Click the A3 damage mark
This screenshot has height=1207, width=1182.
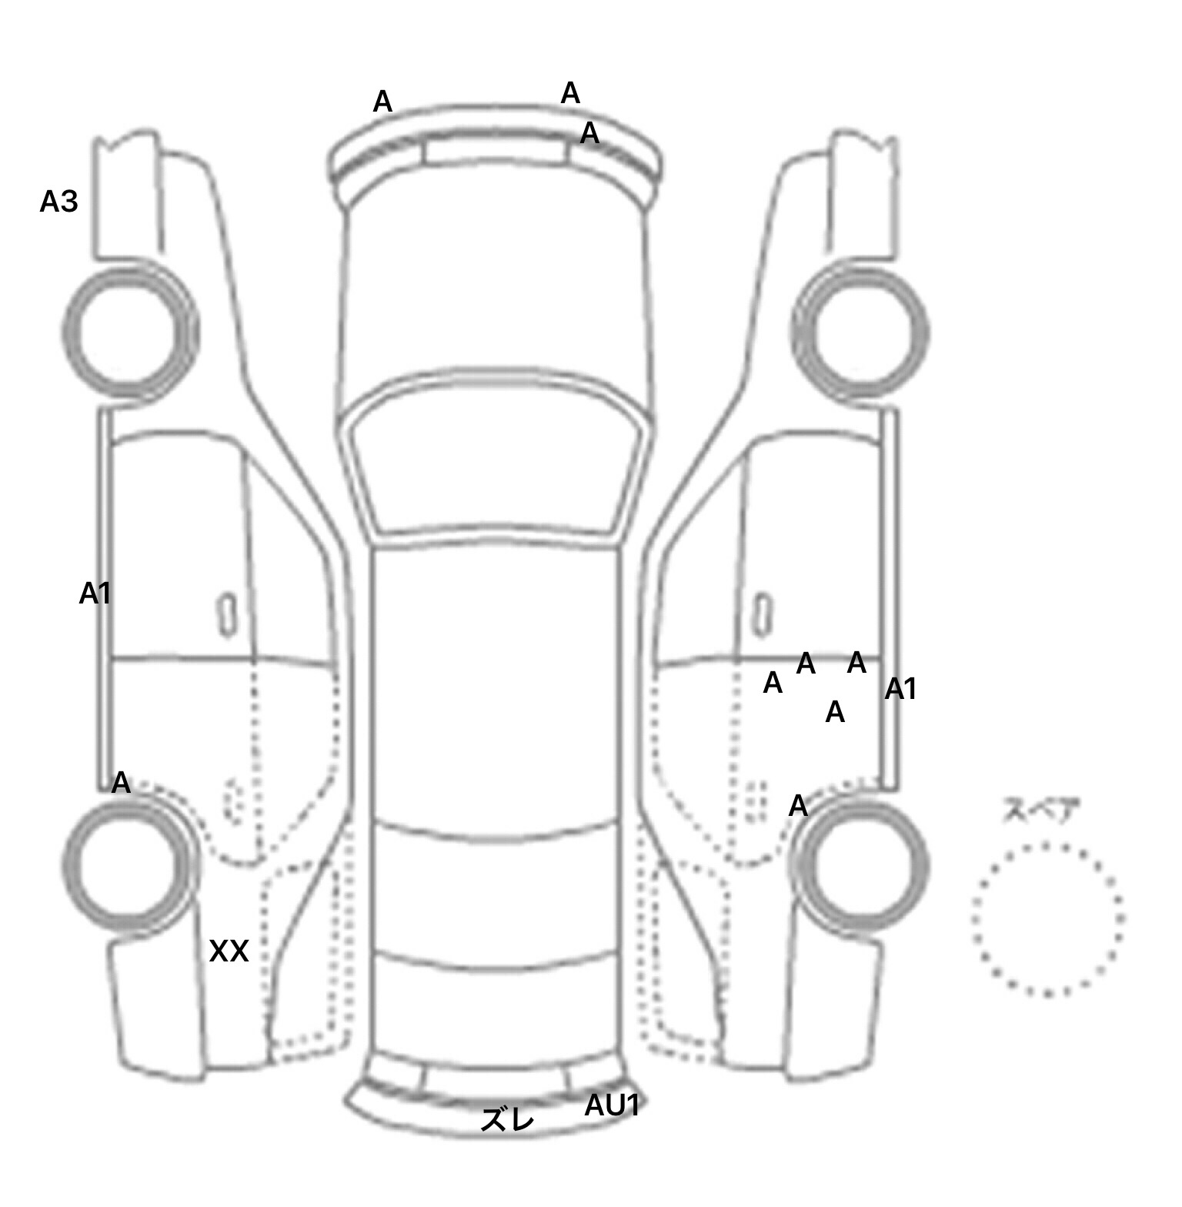point(59,202)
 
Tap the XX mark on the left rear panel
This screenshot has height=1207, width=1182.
point(229,952)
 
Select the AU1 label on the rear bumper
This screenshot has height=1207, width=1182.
point(613,1105)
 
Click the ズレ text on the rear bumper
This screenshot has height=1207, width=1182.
point(507,1120)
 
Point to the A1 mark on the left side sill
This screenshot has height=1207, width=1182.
point(95,593)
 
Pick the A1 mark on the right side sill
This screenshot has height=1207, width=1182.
point(900,689)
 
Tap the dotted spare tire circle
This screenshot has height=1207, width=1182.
point(1047,920)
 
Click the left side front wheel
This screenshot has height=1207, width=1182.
point(129,331)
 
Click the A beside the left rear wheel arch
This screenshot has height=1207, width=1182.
point(121,784)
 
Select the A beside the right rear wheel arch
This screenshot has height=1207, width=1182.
point(799,807)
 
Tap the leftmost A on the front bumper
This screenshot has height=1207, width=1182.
point(382,102)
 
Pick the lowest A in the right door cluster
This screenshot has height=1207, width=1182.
point(835,713)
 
